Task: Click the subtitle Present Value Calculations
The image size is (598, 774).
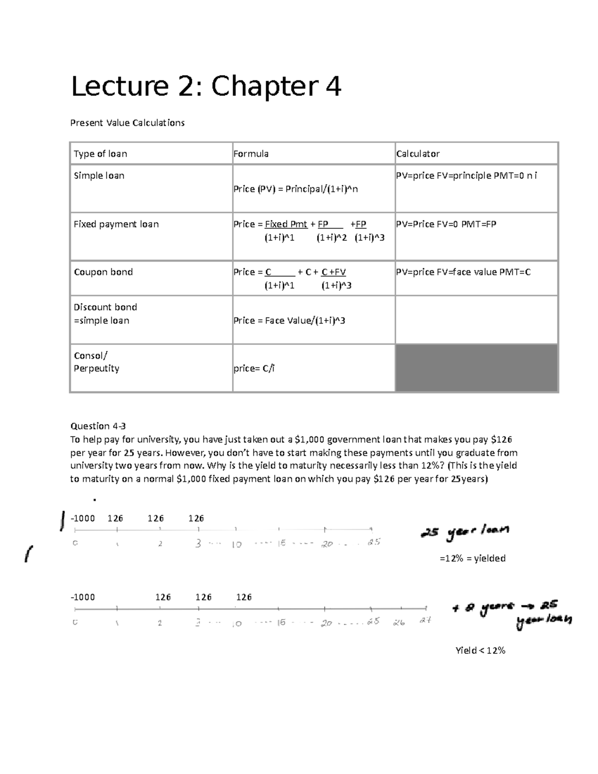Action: tap(128, 123)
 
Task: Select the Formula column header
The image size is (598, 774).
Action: tap(251, 154)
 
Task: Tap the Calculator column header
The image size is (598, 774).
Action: tap(418, 154)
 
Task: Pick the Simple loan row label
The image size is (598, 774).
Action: tap(99, 175)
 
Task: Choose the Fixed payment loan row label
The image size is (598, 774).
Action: tap(116, 224)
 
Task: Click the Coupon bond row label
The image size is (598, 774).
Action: tap(103, 272)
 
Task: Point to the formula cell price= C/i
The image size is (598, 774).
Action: tap(254, 369)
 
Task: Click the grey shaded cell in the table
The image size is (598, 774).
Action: tap(476, 368)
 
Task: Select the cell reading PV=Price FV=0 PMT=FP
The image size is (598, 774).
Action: tap(446, 224)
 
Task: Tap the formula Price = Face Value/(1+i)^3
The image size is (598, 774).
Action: tap(289, 320)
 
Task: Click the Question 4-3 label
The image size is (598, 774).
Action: tap(98, 426)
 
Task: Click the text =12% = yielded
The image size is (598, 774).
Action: tap(472, 558)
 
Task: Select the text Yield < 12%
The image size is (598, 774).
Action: tap(480, 650)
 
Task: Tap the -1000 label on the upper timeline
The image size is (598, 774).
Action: tap(83, 518)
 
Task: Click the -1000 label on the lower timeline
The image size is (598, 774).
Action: tap(83, 597)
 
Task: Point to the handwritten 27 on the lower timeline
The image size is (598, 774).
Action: tap(425, 621)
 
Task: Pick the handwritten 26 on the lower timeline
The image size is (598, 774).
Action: tap(399, 622)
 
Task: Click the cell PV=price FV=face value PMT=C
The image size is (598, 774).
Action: tap(463, 272)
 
